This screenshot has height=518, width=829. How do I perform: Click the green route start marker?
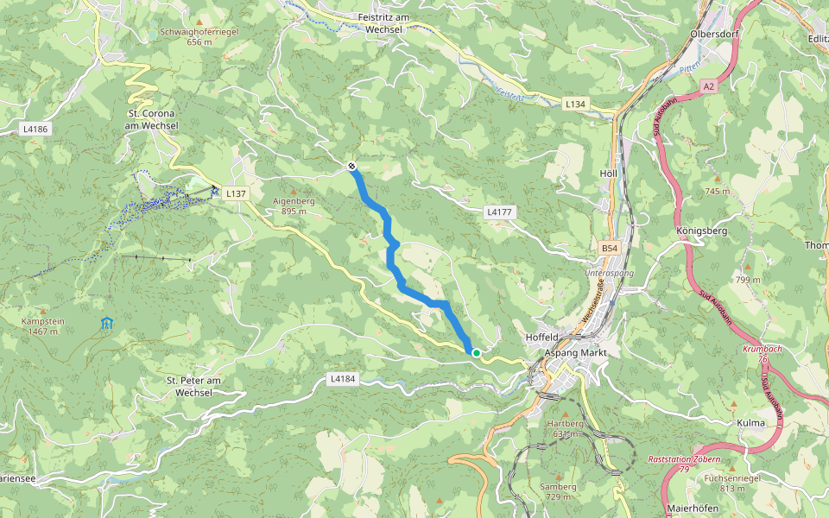pos(476,352)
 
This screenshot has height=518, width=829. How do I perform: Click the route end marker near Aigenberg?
pos(351,166)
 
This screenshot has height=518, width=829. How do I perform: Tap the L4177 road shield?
pos(500,212)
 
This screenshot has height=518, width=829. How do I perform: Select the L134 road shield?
pos(575,104)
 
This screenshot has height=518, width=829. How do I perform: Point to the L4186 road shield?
pos(35,129)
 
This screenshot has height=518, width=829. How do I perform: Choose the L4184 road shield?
pos(343,379)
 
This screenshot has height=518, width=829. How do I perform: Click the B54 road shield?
pos(610,249)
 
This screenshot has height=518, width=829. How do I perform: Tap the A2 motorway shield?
pos(709,86)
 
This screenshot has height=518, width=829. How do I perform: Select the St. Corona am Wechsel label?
pos(152,119)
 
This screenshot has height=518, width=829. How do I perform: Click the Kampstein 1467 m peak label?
pos(42,325)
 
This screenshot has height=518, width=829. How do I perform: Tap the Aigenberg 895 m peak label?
pos(294,205)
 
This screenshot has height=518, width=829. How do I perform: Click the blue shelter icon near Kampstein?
pos(106,324)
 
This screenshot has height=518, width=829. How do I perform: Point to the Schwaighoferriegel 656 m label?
pos(199,36)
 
